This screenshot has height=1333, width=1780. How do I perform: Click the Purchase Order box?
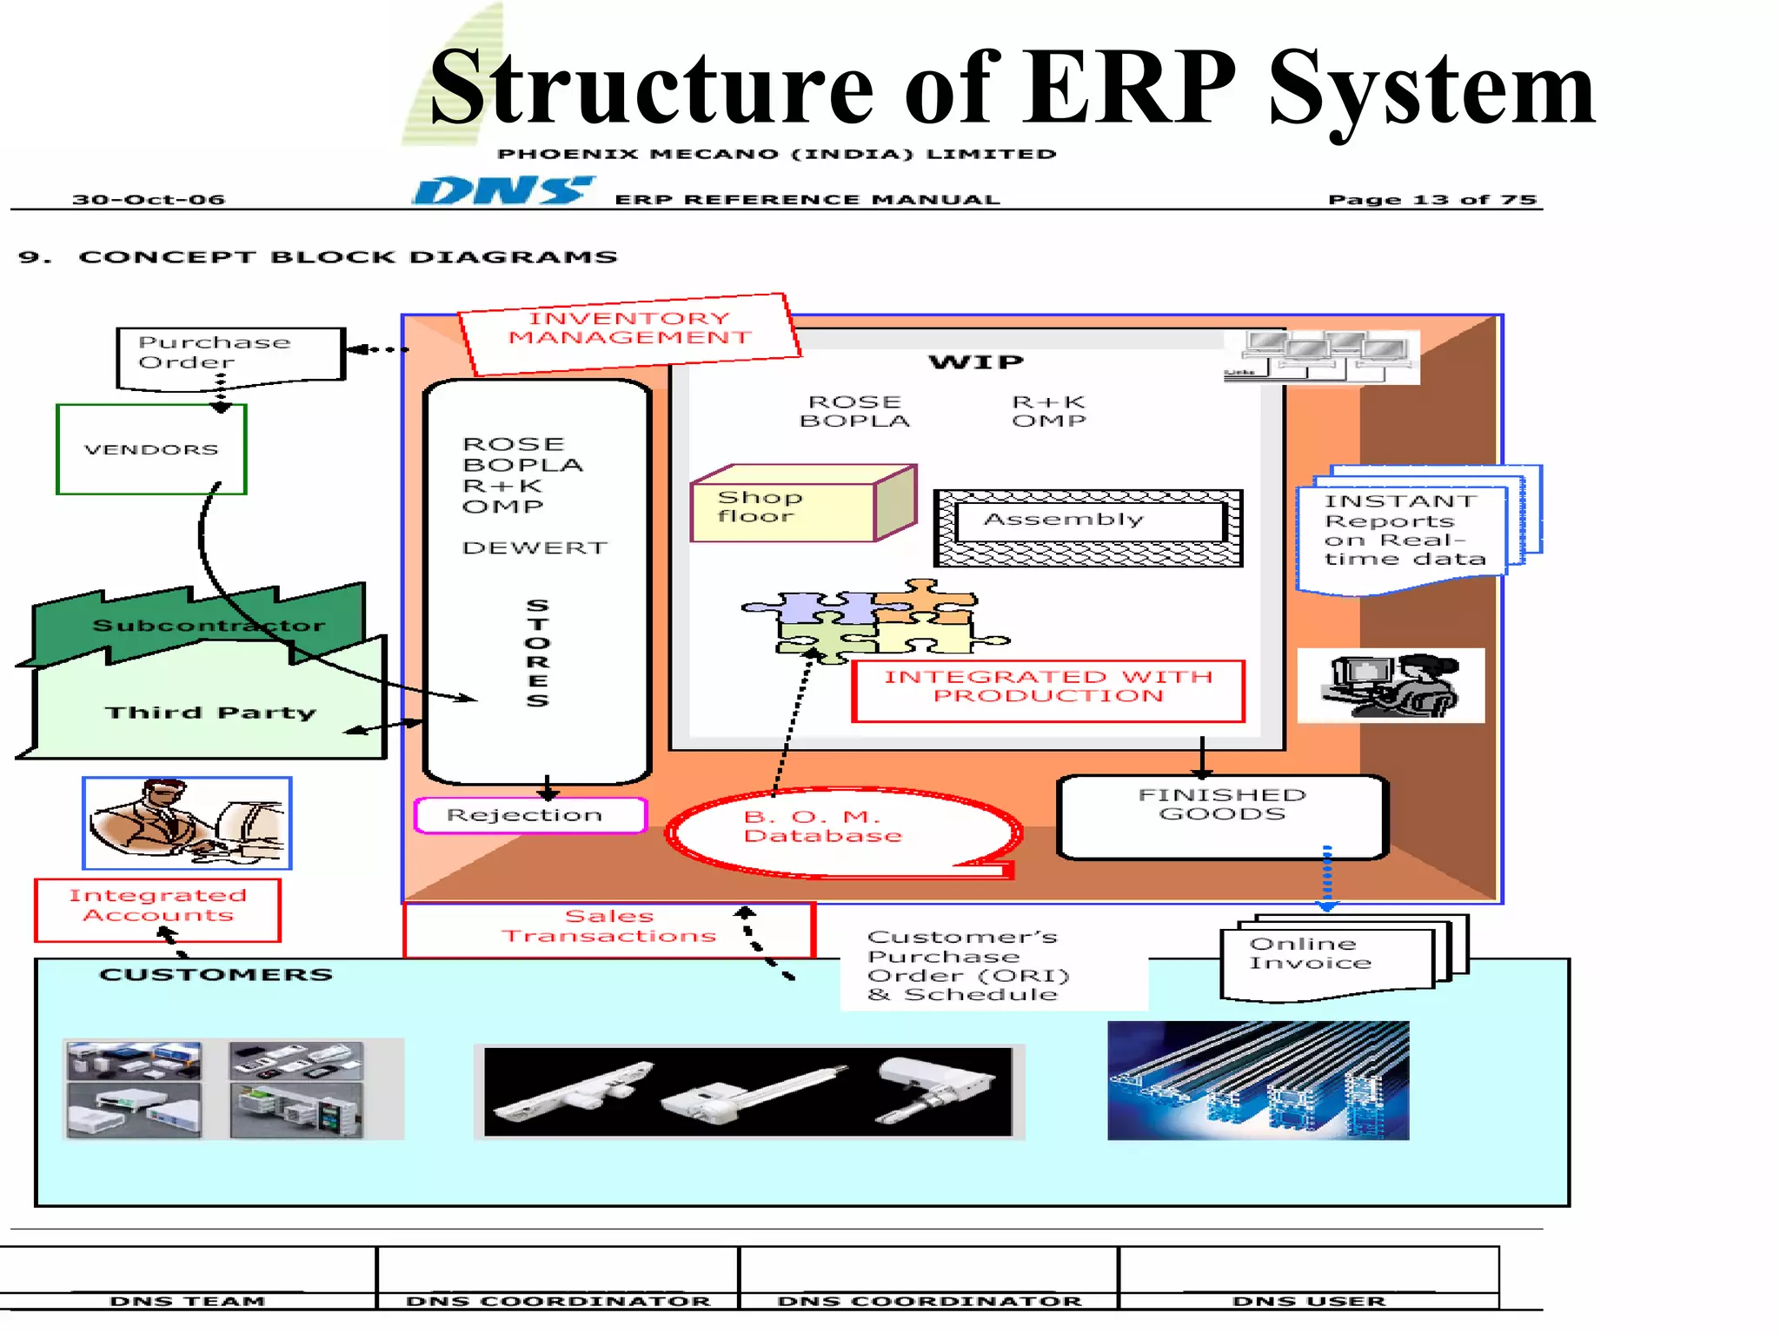click(x=230, y=354)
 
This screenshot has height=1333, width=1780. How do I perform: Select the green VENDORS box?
click(x=151, y=449)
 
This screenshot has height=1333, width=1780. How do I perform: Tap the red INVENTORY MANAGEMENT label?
click(x=629, y=330)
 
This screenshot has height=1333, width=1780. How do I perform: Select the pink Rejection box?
click(x=530, y=815)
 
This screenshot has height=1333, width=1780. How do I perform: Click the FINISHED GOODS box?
click(x=1221, y=813)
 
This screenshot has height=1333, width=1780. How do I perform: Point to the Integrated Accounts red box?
click(x=157, y=908)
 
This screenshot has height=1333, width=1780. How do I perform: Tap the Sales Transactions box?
click(x=608, y=928)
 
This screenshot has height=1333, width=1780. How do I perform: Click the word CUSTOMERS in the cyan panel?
click(x=216, y=974)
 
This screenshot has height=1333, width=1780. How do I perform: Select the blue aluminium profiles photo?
click(x=1258, y=1080)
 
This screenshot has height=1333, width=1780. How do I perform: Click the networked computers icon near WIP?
click(x=1321, y=357)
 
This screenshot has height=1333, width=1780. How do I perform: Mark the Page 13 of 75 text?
click(x=1431, y=199)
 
